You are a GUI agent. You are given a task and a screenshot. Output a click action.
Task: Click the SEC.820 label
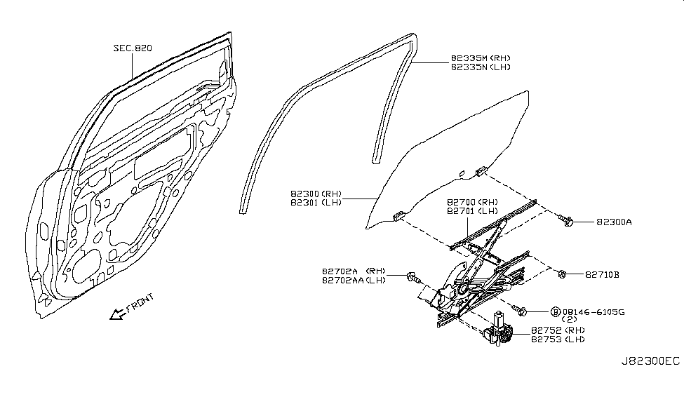133,48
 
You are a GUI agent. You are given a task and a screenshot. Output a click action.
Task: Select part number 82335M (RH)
481,59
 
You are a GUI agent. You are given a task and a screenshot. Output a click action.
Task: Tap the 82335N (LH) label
481,67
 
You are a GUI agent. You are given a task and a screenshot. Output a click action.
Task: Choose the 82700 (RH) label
472,201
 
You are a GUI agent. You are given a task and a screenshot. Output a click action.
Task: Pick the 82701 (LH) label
472,210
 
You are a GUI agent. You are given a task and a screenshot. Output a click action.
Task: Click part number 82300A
615,222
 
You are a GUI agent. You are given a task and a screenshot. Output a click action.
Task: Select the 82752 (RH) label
558,330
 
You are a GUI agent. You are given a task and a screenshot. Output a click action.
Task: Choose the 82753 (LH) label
558,339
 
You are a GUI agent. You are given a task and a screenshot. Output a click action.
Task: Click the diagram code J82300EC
650,361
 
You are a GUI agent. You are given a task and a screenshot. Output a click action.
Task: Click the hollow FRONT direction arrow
116,315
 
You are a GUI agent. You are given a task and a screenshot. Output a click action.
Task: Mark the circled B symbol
556,311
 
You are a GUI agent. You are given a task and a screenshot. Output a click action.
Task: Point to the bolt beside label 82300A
568,222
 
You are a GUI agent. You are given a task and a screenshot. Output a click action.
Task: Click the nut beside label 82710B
564,274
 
